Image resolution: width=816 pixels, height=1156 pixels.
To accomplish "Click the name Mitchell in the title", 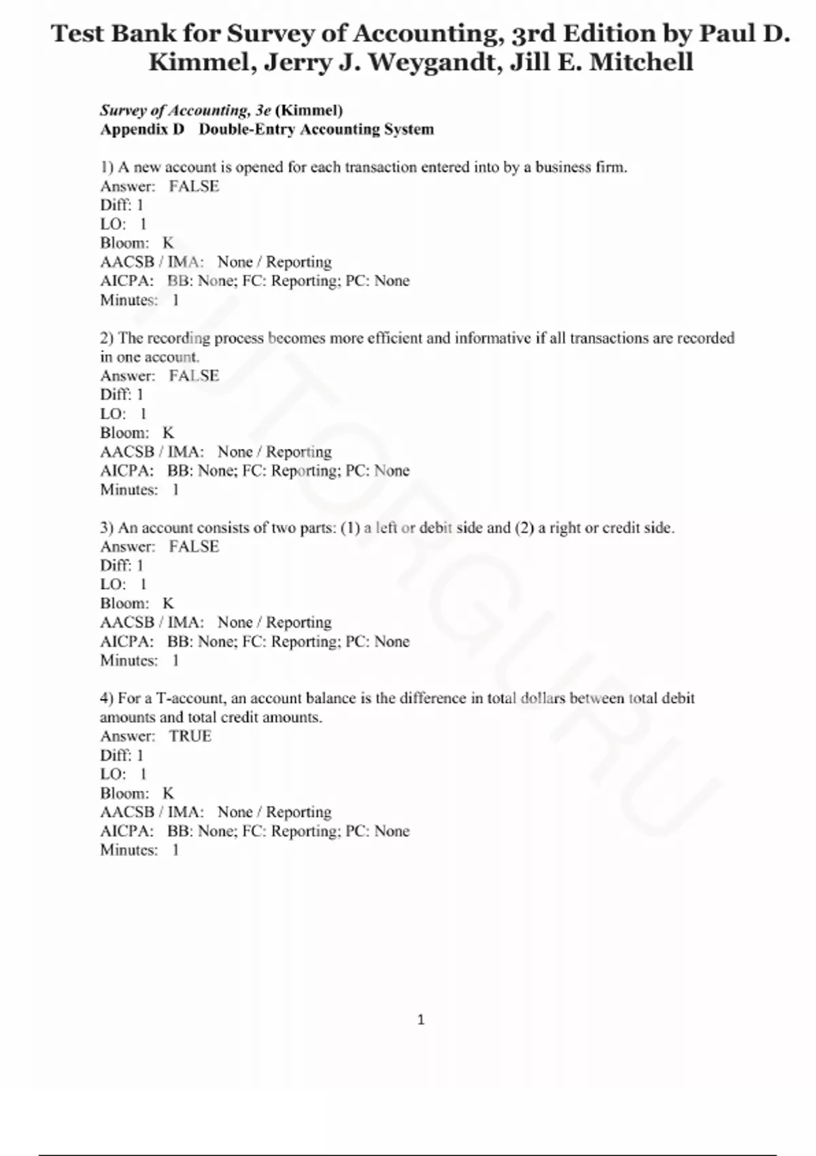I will point(641,63).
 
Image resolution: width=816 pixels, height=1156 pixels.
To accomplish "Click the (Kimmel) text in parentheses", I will point(309,110).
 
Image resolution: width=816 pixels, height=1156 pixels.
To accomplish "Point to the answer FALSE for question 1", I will point(194,186).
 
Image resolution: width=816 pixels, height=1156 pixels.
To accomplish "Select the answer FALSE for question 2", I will point(194,375).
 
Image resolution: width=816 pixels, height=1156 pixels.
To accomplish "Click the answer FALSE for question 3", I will point(194,546).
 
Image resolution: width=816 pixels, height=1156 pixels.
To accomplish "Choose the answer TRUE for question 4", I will point(190,736).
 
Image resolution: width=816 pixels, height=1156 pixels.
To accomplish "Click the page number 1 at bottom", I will point(420,1019).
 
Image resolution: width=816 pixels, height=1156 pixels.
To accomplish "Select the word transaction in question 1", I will point(380,167).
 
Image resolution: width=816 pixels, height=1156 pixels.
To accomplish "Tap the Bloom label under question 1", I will point(124,243).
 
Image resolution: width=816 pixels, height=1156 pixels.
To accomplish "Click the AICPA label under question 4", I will point(126,831).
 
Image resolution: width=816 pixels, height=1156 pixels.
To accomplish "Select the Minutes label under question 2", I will point(129,490).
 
